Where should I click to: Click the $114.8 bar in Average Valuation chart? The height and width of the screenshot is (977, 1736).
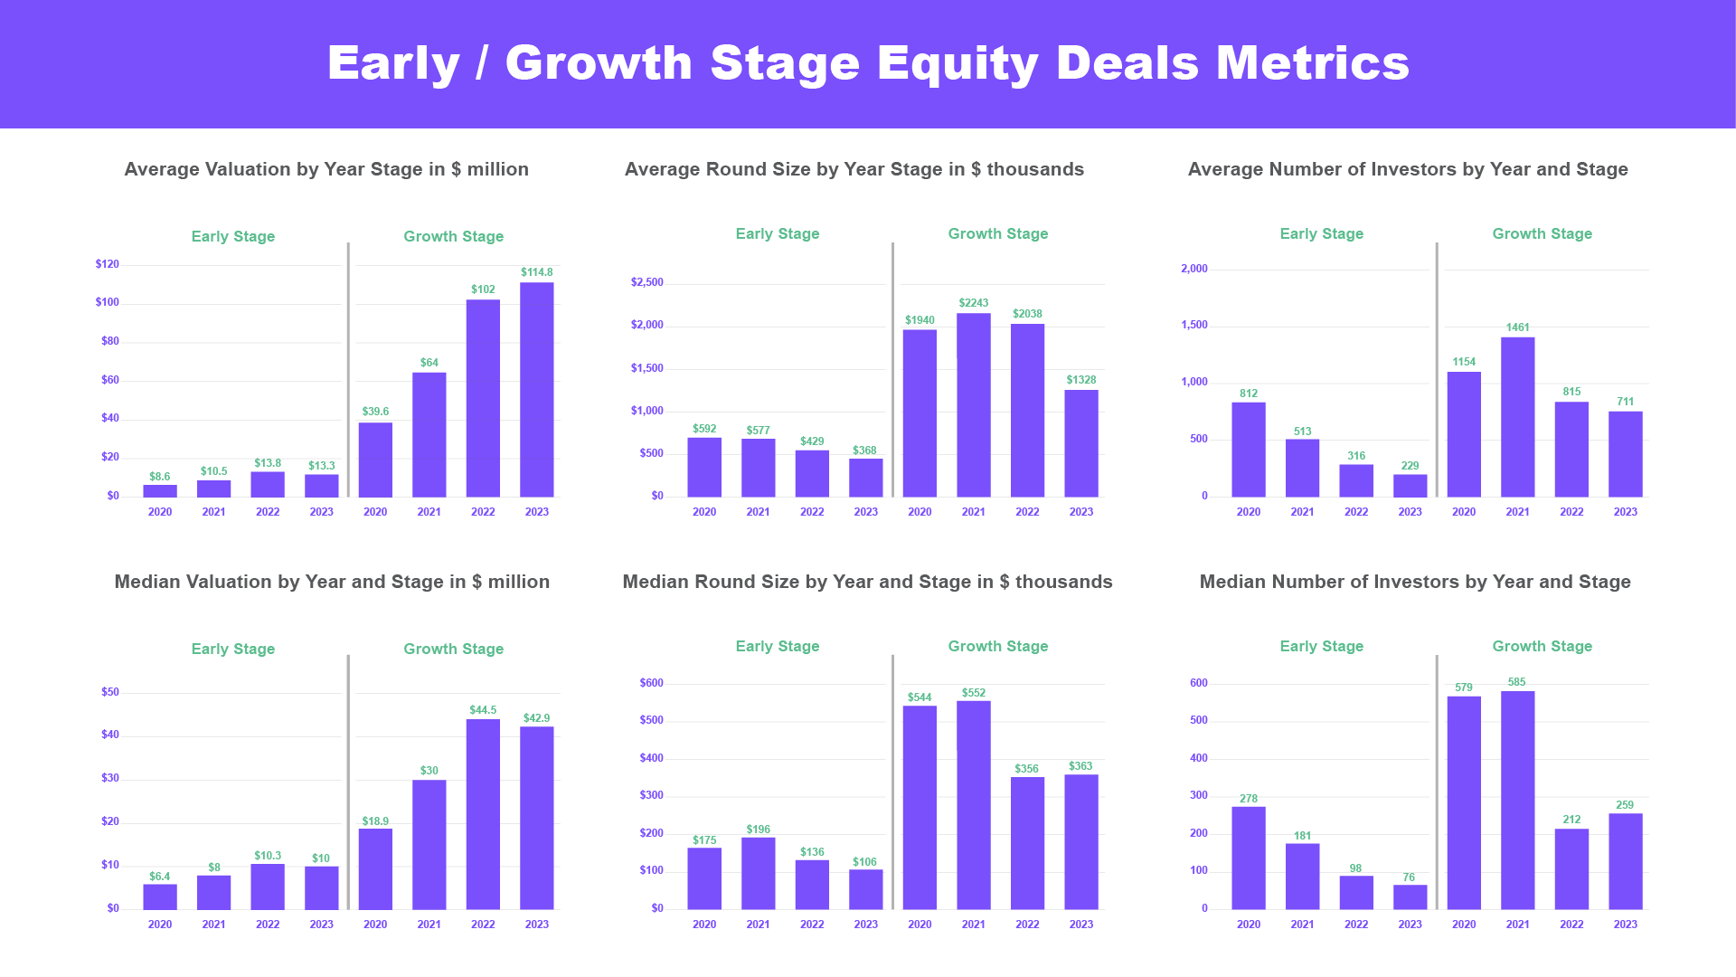point(536,389)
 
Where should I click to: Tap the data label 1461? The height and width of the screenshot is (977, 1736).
point(1517,327)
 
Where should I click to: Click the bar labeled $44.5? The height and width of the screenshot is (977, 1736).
point(483,814)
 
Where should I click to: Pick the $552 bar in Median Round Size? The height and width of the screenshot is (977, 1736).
point(973,805)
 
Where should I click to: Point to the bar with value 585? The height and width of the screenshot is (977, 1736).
point(1517,801)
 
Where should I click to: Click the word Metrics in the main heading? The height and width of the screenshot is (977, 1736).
point(1312,63)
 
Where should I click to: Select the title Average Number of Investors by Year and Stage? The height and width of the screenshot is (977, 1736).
point(1407,169)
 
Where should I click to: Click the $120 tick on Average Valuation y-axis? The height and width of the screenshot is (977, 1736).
point(107,264)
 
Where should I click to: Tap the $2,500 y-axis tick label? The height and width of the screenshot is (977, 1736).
point(646,282)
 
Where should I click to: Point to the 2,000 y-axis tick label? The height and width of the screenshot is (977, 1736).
point(1193,269)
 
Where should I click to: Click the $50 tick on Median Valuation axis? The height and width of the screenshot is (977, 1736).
point(109,692)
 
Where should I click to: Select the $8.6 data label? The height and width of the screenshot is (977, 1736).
point(159,477)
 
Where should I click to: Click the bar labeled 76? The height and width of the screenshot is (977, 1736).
point(1410,897)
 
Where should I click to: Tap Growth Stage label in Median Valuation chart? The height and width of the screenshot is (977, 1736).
point(453,649)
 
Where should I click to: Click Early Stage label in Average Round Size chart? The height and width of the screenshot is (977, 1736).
point(777,233)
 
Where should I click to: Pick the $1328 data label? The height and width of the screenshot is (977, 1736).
point(1080,380)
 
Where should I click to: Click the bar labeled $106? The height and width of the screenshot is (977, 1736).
point(865,889)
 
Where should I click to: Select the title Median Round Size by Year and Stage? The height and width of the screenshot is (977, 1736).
point(866,582)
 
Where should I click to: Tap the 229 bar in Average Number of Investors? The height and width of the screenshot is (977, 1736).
point(1410,486)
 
